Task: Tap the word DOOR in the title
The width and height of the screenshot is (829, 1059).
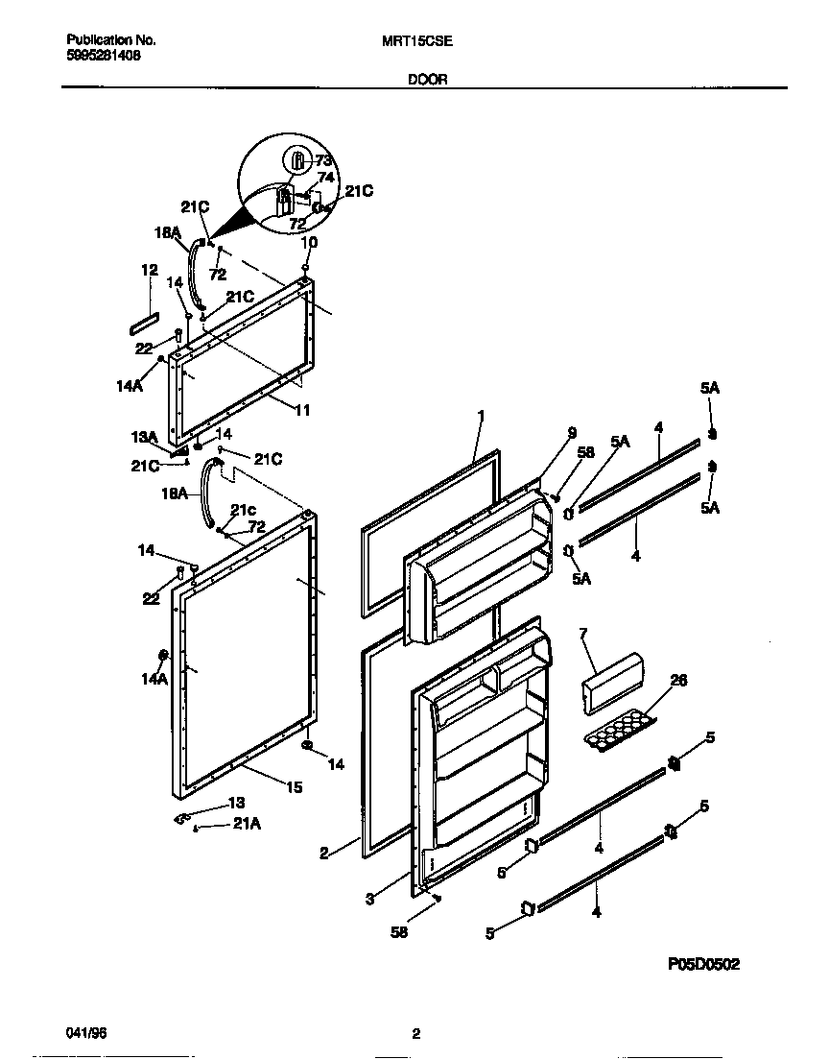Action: click(x=427, y=80)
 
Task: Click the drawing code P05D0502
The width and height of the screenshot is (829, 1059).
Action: click(x=702, y=965)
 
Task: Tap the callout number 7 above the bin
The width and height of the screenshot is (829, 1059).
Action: click(x=583, y=633)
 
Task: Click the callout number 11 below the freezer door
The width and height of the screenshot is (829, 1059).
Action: click(x=302, y=410)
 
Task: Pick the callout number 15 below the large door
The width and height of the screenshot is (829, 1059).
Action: click(x=294, y=787)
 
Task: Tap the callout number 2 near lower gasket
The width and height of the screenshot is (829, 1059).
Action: click(x=324, y=853)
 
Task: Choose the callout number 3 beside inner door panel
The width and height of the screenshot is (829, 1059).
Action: click(x=368, y=899)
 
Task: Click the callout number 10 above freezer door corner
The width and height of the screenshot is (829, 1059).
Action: click(x=307, y=243)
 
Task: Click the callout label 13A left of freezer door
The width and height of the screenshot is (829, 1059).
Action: click(x=144, y=436)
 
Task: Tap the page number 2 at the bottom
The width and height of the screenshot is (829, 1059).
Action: click(x=415, y=1034)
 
